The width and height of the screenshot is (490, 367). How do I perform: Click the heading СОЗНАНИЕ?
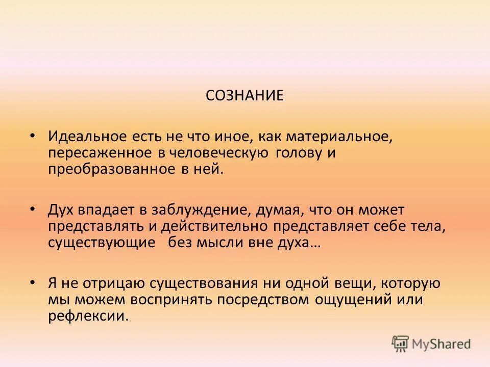[244, 96]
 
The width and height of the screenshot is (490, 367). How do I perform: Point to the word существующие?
[102, 243]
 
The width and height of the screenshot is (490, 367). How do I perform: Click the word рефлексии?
[86, 316]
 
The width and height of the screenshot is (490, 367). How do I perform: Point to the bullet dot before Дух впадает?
[33, 209]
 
